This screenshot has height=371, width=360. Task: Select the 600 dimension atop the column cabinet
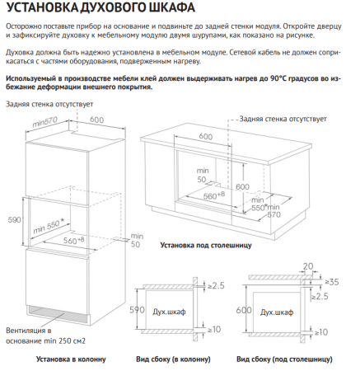[x=96, y=120]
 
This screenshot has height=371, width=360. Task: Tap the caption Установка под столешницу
[x=203, y=245]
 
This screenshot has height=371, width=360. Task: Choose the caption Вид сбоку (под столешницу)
[x=284, y=359]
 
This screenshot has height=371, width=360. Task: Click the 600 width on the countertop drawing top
[x=205, y=137]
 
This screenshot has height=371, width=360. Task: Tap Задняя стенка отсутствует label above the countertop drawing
[x=278, y=119]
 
